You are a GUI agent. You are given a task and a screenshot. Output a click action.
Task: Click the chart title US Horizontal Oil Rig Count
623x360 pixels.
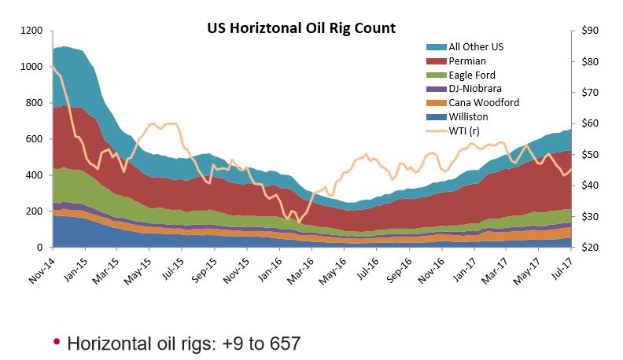[x=301, y=28]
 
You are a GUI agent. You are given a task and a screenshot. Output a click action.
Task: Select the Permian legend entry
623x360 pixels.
[x=467, y=61]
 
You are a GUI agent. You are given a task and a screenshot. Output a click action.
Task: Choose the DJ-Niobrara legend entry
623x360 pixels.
[x=475, y=89]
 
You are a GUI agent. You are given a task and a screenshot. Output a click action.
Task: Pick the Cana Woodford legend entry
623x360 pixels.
[x=483, y=103]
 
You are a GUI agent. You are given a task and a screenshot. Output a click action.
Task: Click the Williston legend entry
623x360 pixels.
[x=470, y=117]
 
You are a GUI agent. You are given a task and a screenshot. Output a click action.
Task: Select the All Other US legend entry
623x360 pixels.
[x=475, y=47]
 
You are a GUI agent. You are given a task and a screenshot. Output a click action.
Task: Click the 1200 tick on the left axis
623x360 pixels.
[x=31, y=31]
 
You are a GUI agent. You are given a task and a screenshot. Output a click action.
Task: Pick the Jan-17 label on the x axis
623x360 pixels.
[x=466, y=270]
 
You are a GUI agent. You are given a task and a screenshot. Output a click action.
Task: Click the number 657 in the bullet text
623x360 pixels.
[x=284, y=343]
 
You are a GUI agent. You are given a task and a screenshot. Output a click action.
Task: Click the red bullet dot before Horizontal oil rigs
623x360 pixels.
[x=56, y=342]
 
